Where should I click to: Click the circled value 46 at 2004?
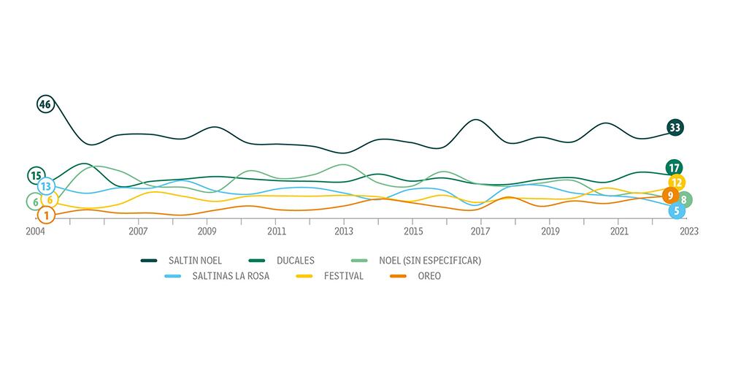(45, 104)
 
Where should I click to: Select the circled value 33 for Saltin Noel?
(675, 128)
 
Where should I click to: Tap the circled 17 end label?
(675, 168)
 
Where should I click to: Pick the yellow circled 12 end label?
(677, 183)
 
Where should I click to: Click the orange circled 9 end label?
(670, 196)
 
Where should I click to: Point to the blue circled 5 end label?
(677, 211)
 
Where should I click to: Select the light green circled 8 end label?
(684, 199)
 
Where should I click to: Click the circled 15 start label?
(36, 175)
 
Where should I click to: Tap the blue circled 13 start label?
(45, 186)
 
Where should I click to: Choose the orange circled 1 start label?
(45, 215)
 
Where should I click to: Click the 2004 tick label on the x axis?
(35, 231)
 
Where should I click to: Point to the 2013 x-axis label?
(344, 231)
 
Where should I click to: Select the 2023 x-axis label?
(688, 231)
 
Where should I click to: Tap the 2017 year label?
(480, 231)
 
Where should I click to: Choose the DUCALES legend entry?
(296, 260)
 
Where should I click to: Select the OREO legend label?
(427, 276)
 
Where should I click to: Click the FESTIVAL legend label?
(343, 276)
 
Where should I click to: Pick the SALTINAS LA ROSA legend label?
(231, 276)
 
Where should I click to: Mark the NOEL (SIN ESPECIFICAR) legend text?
(430, 260)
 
